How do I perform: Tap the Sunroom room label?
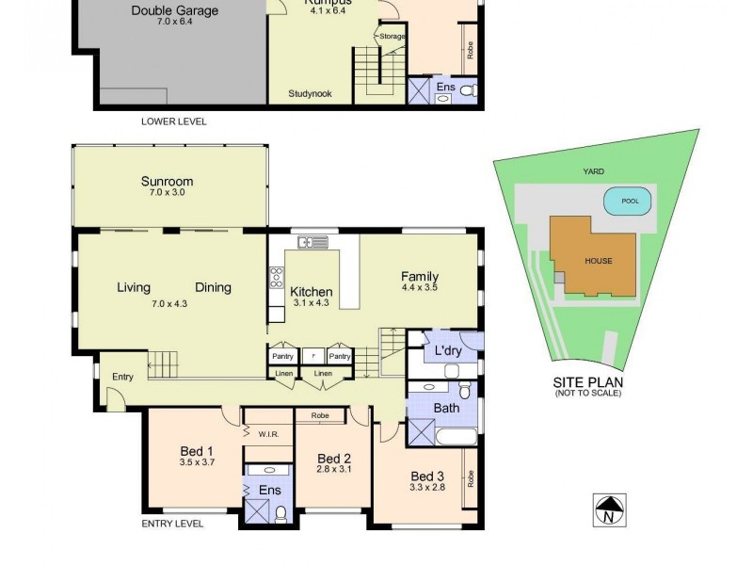[x=167, y=182]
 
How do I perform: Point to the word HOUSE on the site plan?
[x=598, y=261]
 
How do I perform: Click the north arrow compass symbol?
[x=609, y=509]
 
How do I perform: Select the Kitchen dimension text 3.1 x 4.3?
[x=310, y=304]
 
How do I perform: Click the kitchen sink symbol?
[x=312, y=243]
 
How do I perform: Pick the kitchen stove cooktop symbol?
[x=277, y=277]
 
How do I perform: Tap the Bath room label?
[x=446, y=408]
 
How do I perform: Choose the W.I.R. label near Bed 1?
[x=268, y=434]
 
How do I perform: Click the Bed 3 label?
[x=426, y=475]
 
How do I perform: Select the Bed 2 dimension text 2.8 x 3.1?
[x=333, y=469]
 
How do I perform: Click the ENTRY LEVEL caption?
[x=172, y=524]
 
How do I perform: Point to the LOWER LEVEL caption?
[x=173, y=121]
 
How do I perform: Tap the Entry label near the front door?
[x=122, y=377]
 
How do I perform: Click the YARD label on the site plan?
[x=593, y=171]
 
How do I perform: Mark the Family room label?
[x=419, y=277]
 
